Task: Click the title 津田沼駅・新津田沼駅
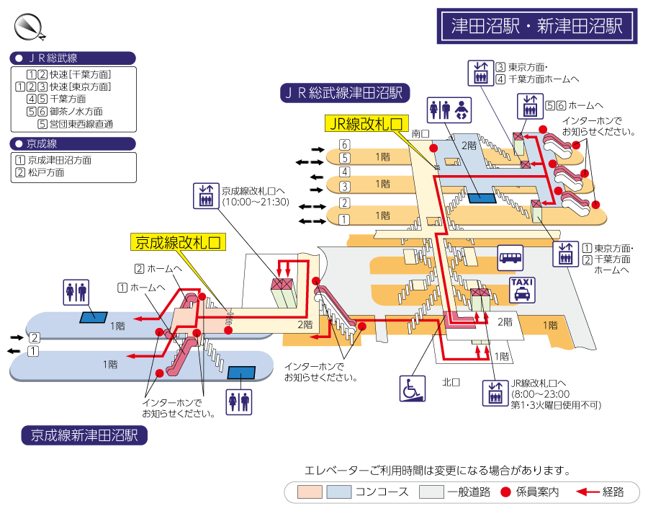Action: [x=536, y=27]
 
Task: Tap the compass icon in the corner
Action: [x=29, y=27]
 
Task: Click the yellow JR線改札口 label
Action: [x=366, y=124]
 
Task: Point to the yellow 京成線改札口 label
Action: [x=178, y=241]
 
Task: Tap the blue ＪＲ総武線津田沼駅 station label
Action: [x=345, y=92]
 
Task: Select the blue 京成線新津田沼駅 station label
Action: [x=84, y=435]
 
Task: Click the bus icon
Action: [x=510, y=257]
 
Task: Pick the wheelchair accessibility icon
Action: [x=413, y=388]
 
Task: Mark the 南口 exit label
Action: [x=420, y=134]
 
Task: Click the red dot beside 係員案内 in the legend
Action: [x=505, y=492]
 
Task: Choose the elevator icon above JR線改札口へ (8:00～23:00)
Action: [x=495, y=392]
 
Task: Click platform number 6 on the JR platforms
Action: [x=345, y=144]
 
